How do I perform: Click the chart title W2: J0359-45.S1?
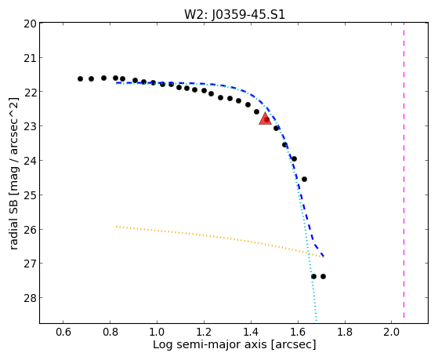(234, 14)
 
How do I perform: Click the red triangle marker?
(265, 118)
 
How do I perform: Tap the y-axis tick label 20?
(30, 24)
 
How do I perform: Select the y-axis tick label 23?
(30, 126)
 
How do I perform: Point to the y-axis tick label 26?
(30, 230)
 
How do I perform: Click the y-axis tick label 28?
(30, 298)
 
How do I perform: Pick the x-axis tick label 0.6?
(63, 332)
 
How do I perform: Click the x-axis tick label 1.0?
(157, 332)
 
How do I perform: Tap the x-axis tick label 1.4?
(251, 332)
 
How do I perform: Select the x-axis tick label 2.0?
(391, 332)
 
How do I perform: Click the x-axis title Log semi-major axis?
(210, 344)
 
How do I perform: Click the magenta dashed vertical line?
(404, 171)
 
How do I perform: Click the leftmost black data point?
(80, 79)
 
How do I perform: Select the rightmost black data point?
(323, 276)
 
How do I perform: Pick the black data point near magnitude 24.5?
(305, 179)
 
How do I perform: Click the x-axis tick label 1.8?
(345, 332)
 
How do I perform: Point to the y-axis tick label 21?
(30, 58)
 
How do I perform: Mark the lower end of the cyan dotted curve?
(317, 321)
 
